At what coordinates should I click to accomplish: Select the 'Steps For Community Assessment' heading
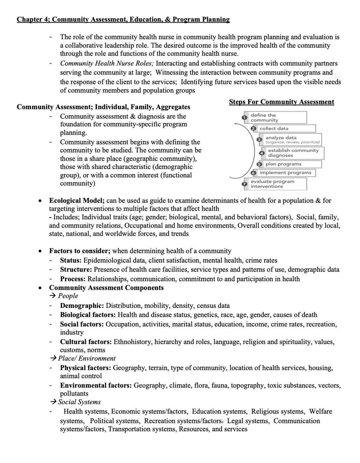click(x=281, y=102)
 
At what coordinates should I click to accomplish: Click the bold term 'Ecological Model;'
click(x=77, y=200)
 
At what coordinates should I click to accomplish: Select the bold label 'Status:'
click(x=71, y=260)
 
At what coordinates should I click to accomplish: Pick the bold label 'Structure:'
click(x=76, y=270)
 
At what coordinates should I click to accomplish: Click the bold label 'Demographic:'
click(x=82, y=306)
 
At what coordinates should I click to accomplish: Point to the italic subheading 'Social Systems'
click(x=79, y=402)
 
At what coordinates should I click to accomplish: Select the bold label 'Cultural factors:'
click(x=86, y=342)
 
